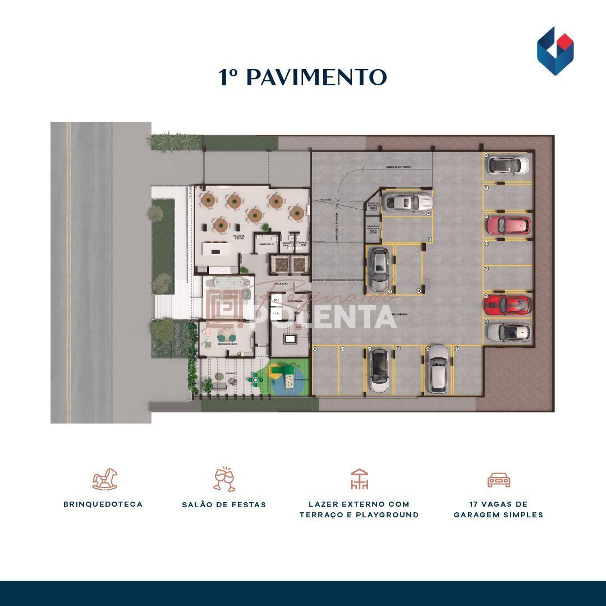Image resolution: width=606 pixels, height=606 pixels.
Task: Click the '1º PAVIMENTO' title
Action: tap(302, 78)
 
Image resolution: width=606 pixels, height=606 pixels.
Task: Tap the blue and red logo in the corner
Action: tap(555, 51)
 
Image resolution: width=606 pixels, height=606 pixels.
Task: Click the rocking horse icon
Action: tap(105, 480)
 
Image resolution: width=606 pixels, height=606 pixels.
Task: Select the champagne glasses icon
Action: tap(224, 479)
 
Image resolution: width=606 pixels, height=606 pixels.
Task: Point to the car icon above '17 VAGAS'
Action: tap(498, 480)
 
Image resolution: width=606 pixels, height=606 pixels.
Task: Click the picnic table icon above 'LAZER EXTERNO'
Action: tap(359, 480)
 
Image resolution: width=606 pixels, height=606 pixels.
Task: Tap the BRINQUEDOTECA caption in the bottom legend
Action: tap(103, 504)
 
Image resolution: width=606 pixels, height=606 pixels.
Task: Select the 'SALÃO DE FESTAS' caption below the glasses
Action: tap(224, 504)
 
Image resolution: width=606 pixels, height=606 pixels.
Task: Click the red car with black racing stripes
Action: tap(507, 305)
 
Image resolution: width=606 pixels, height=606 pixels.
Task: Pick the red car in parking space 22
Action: tap(508, 225)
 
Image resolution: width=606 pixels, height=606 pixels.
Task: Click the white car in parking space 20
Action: tap(508, 165)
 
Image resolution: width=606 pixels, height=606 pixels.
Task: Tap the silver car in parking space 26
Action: tap(508, 332)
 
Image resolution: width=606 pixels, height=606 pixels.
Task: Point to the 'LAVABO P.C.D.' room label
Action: tap(265, 244)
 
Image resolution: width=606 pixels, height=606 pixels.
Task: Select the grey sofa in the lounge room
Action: tap(225, 282)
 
